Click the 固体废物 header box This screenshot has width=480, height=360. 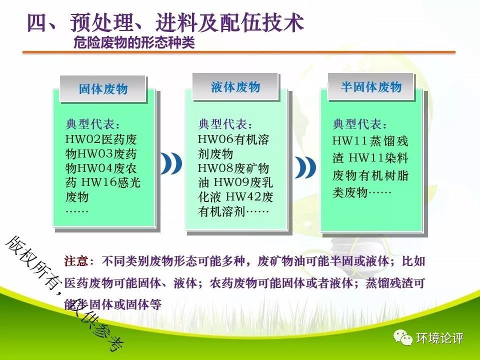click(103, 89)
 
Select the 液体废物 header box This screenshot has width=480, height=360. click(235, 86)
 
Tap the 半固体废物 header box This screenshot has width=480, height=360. click(371, 86)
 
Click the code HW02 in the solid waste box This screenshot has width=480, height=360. click(83, 139)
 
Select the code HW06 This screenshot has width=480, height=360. click(216, 139)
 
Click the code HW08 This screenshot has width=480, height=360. click(216, 168)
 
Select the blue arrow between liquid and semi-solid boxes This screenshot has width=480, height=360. click(305, 167)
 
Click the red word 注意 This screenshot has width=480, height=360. click(76, 261)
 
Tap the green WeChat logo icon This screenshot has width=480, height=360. click(403, 337)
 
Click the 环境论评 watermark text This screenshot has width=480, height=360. click(439, 338)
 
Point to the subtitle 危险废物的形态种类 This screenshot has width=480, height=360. click(134, 42)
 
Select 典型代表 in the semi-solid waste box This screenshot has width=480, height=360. click(357, 124)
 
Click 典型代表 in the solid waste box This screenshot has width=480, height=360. click(90, 124)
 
